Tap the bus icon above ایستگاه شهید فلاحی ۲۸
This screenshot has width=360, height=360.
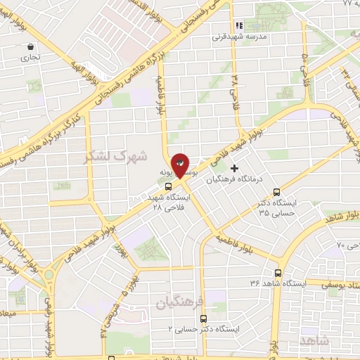pyautogui.click(x=167, y=187)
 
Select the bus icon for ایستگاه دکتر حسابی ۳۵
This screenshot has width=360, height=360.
pyautogui.click(x=276, y=191)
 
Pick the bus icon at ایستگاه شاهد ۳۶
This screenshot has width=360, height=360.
pyautogui.click(x=278, y=273)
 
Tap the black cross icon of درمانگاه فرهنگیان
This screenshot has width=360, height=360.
pyautogui.click(x=234, y=169)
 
